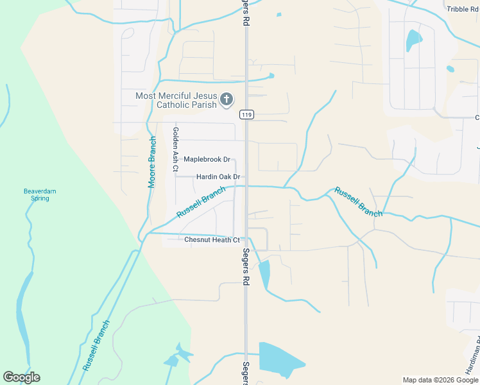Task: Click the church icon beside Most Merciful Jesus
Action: click(x=226, y=99)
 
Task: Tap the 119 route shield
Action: click(x=246, y=115)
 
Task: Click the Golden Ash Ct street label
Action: click(x=175, y=149)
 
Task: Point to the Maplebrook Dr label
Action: click(x=207, y=159)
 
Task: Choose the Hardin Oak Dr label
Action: click(x=218, y=176)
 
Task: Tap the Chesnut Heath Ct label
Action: click(x=212, y=240)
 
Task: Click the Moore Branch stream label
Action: click(x=153, y=162)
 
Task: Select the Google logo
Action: click(x=22, y=377)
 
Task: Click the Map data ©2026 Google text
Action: click(x=440, y=380)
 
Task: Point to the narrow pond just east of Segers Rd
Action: click(x=264, y=273)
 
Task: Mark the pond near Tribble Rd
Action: click(x=413, y=40)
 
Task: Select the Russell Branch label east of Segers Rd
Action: click(x=357, y=201)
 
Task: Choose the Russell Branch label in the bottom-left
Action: click(x=96, y=345)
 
